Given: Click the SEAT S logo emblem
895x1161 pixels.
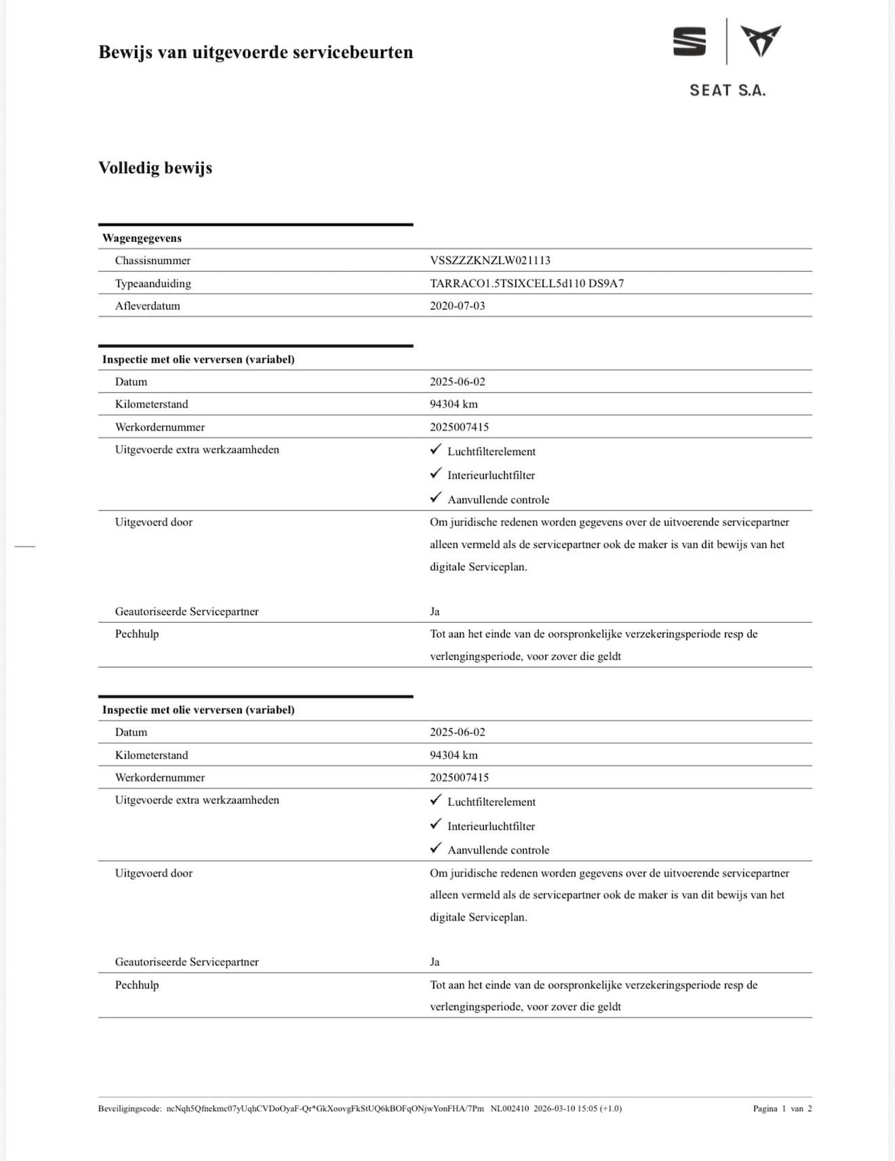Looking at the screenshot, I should [x=689, y=41].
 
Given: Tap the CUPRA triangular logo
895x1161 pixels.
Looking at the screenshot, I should [x=761, y=41].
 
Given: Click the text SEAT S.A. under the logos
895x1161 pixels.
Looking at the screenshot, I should [x=727, y=90].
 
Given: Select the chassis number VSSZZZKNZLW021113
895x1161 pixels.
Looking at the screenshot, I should [x=490, y=260].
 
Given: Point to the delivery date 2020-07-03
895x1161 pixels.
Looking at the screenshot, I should [x=457, y=305].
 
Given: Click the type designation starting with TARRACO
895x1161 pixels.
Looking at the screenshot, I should [x=527, y=283].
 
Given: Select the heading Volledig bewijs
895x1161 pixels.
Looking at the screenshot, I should [x=155, y=168].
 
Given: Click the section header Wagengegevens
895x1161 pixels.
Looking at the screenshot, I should [x=142, y=238].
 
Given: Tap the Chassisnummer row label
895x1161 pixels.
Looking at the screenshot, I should [x=152, y=260].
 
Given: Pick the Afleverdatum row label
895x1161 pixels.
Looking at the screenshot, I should [x=148, y=305].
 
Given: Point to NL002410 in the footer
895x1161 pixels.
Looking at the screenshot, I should [x=510, y=1108].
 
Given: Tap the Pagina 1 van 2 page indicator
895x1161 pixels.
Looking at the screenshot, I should [x=782, y=1108].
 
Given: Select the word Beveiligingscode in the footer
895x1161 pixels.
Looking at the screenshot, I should [x=129, y=1108].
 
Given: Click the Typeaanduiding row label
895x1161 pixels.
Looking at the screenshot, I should [x=153, y=283].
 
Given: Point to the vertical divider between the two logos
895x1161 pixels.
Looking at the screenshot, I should [x=726, y=41].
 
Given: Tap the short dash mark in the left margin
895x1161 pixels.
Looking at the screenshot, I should [x=24, y=546].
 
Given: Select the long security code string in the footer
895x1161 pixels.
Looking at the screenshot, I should [x=325, y=1108].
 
